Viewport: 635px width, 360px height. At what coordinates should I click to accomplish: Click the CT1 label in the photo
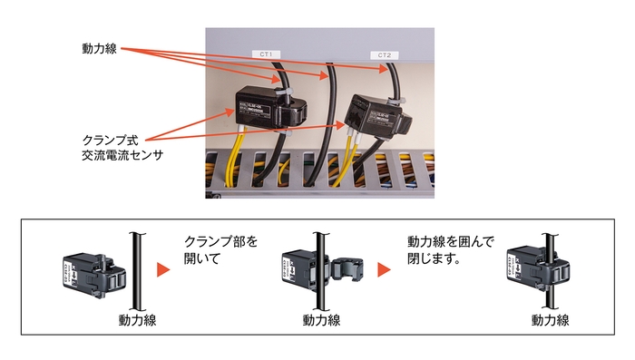(x=267, y=54)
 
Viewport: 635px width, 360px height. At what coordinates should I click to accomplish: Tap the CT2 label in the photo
(x=384, y=55)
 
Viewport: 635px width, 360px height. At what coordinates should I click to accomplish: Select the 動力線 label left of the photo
(x=100, y=46)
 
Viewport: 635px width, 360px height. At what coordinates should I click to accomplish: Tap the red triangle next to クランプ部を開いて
(x=164, y=271)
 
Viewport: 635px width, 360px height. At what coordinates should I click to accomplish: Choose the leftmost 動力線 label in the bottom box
(x=137, y=319)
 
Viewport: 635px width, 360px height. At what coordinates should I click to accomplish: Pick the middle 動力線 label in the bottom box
(x=322, y=319)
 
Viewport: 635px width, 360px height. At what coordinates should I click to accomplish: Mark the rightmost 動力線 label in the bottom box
(x=551, y=319)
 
